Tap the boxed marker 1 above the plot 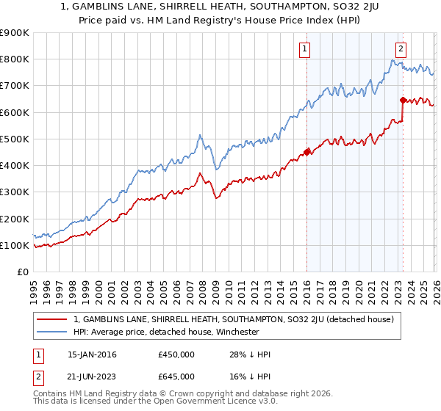click(x=304, y=49)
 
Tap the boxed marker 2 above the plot click(x=401, y=49)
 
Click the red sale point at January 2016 click(x=306, y=152)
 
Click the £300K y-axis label click(x=15, y=192)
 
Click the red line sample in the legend click(x=51, y=319)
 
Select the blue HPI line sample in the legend click(x=51, y=332)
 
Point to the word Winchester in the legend click(x=234, y=332)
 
